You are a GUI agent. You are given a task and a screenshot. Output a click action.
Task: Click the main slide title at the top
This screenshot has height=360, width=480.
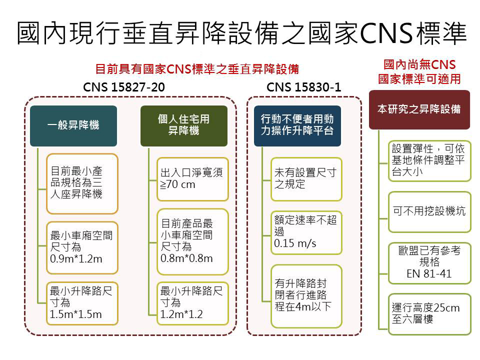click(241, 33)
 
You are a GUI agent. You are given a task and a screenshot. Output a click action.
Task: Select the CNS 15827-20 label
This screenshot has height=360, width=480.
click(124, 87)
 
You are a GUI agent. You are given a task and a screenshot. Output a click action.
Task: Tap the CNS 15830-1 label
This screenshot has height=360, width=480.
click(303, 87)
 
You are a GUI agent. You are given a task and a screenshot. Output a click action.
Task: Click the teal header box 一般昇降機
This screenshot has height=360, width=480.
click(73, 126)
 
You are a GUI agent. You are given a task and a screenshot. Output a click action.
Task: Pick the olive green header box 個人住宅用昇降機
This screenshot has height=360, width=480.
click(184, 126)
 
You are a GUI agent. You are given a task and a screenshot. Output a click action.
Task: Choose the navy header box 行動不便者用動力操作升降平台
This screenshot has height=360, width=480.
click(297, 126)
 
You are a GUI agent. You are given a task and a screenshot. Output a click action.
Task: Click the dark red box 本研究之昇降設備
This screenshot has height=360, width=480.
click(419, 109)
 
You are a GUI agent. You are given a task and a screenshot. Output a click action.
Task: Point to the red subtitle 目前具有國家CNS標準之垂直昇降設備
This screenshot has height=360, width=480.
click(197, 69)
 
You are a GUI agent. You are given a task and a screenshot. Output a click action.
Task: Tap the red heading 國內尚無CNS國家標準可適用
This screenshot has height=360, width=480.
click(419, 72)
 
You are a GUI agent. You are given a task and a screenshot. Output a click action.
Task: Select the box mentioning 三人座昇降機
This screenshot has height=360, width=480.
click(82, 183)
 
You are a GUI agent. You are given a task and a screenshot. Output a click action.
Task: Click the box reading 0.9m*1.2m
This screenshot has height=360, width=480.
click(82, 247)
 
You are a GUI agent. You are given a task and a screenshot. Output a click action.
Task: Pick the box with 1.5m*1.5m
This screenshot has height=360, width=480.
click(82, 303)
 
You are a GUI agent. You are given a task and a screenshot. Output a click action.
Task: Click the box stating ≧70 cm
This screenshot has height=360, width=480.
click(192, 179)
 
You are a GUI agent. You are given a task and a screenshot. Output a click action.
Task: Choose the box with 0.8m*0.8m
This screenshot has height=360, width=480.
click(192, 241)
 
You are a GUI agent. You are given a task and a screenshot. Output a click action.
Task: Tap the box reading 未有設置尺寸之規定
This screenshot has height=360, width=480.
click(306, 179)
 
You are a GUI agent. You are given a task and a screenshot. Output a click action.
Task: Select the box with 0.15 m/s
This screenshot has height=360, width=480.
click(306, 232)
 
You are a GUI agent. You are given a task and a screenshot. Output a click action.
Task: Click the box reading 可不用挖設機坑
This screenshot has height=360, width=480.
click(429, 212)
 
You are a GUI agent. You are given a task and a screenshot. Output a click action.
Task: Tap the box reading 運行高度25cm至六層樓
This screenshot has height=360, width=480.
click(429, 314)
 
